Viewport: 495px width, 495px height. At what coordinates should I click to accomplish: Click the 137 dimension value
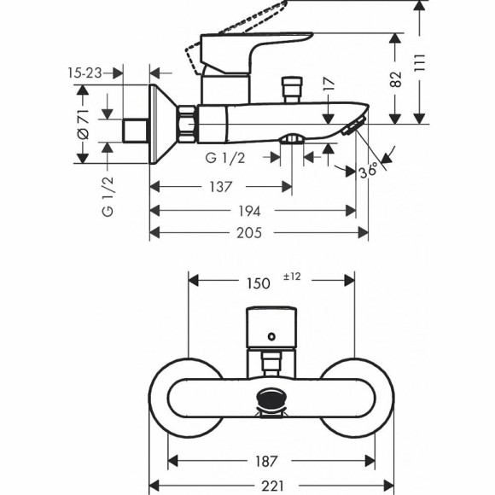tap(221, 187)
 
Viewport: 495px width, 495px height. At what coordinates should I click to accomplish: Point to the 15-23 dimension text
tap(83, 74)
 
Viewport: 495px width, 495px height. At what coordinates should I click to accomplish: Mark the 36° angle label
tap(369, 171)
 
